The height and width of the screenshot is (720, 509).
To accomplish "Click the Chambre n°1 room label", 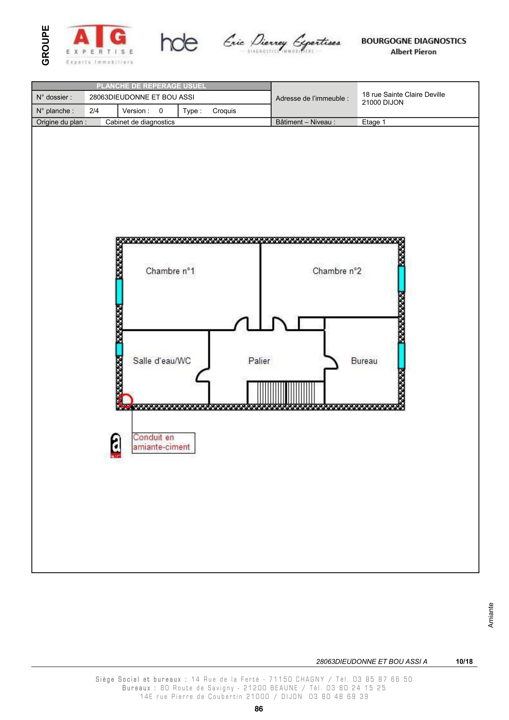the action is click(x=170, y=271).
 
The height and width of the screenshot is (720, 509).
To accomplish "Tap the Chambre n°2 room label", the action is click(x=337, y=271).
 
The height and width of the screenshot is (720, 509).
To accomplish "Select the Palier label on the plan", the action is click(x=259, y=361).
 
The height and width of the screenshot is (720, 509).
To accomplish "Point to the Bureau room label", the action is click(x=364, y=361).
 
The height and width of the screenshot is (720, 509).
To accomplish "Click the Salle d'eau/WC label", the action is click(x=162, y=361).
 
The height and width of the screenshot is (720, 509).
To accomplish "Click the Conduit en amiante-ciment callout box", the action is click(x=164, y=443).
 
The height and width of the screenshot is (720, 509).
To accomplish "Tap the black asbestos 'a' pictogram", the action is click(x=116, y=445).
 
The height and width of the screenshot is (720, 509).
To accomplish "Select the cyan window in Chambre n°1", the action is click(x=119, y=292).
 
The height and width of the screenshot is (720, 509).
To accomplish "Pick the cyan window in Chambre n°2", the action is click(x=402, y=279).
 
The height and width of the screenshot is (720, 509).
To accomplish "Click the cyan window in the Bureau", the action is click(x=402, y=356).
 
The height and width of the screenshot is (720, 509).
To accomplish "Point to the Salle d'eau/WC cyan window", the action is click(x=119, y=349).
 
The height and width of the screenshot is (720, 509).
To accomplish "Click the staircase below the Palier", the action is click(x=286, y=392).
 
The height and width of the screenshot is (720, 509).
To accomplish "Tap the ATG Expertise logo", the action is click(x=100, y=44).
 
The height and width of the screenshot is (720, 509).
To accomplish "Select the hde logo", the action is click(x=179, y=42).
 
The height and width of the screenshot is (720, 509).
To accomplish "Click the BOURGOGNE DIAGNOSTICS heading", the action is click(x=414, y=41).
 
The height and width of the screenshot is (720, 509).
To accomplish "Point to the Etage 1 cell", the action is click(x=374, y=122).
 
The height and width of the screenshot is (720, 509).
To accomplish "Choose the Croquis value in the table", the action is click(x=224, y=111).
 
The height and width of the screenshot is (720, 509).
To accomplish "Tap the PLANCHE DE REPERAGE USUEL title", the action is click(x=151, y=86).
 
